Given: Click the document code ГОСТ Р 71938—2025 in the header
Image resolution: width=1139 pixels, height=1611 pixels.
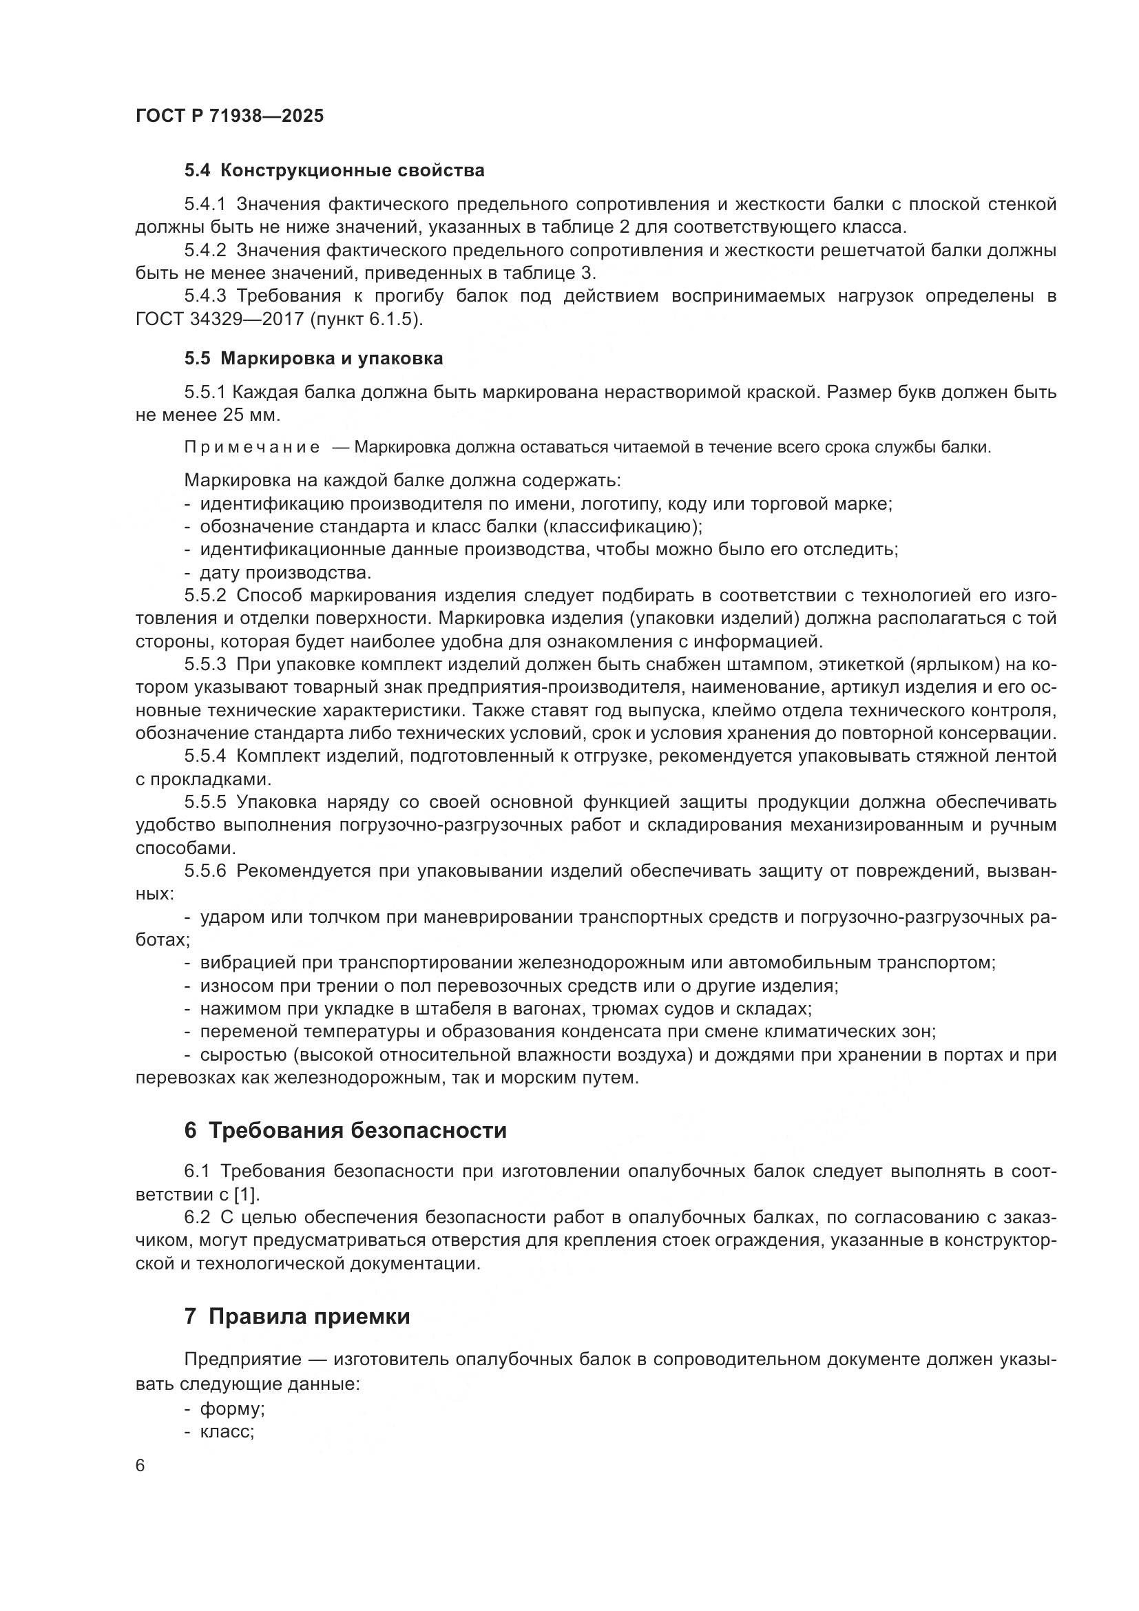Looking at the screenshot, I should click(x=229, y=116).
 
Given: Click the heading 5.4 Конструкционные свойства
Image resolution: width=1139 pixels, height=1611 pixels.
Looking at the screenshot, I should click(x=335, y=171).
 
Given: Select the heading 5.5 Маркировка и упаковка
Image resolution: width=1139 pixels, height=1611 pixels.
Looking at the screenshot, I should click(x=313, y=359).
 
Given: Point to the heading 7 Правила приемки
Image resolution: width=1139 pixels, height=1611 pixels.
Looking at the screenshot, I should click(x=297, y=1316).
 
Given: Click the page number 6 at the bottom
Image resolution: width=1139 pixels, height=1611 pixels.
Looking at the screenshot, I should click(x=140, y=1466).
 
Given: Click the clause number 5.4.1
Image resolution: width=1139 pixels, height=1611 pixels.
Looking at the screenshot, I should click(x=205, y=204).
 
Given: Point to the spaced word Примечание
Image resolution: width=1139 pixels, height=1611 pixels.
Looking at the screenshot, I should click(x=252, y=448).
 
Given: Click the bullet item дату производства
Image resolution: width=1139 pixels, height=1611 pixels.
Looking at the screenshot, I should click(x=285, y=572).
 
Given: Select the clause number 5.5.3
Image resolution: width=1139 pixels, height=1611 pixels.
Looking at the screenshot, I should click(x=205, y=664).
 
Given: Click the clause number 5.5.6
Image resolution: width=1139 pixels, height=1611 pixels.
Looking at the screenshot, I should click(x=205, y=871).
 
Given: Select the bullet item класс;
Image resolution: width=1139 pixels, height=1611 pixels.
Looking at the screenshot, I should click(x=226, y=1431).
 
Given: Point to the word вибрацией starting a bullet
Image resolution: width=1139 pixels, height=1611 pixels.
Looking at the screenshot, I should click(x=236, y=963).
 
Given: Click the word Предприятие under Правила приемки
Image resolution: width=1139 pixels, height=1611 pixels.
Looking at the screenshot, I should click(x=233, y=1359).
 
